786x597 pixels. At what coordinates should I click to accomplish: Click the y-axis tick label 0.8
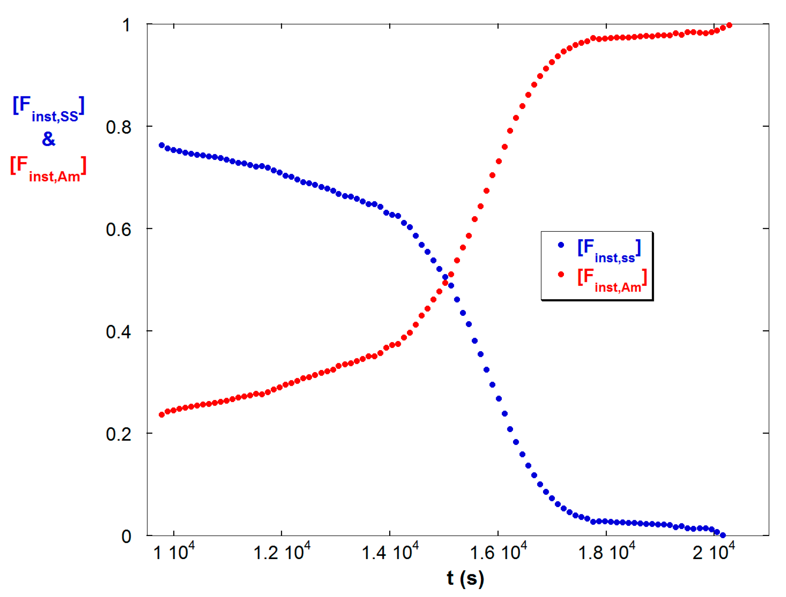(118, 127)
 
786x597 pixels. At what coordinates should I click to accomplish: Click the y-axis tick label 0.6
(118, 230)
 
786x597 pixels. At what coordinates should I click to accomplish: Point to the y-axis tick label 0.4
(118, 332)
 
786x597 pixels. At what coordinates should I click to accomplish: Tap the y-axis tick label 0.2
(118, 434)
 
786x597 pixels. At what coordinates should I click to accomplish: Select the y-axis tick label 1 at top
(126, 26)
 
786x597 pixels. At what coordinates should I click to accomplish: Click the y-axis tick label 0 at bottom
(126, 537)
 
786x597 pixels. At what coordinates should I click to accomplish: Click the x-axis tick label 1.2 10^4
(282, 552)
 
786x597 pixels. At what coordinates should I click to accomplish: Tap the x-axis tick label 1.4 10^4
(390, 552)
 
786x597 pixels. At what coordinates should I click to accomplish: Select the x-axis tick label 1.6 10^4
(498, 552)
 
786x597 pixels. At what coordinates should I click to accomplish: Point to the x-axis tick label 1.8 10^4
(607, 552)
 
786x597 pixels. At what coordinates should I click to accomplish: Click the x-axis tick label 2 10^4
(713, 552)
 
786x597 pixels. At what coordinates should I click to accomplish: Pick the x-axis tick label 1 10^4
(174, 552)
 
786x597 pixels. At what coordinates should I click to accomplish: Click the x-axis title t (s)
(465, 578)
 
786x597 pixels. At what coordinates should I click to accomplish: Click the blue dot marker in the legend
(561, 245)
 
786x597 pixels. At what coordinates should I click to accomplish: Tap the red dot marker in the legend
(561, 274)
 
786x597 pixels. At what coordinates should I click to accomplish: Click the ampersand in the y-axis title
(49, 139)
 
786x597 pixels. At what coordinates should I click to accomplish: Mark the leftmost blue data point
(162, 145)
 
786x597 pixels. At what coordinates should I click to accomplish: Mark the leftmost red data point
(162, 415)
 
